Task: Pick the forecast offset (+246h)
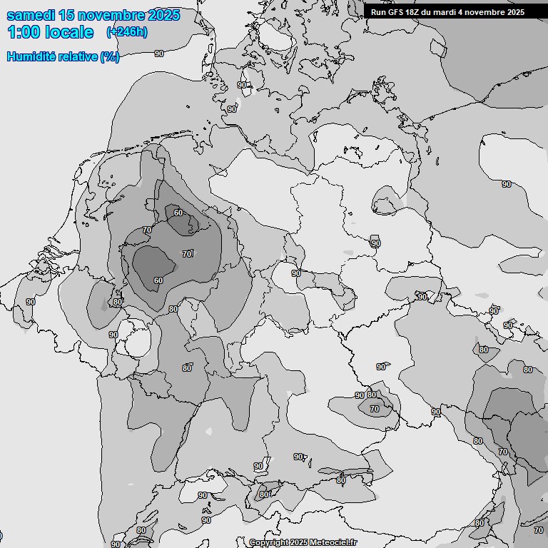point(127,32)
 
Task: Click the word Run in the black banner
point(378,12)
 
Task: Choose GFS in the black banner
point(396,12)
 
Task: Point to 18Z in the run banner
point(415,12)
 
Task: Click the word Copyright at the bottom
point(270,542)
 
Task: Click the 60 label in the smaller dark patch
point(178,213)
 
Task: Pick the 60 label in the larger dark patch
point(158,280)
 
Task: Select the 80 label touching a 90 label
point(371,395)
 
